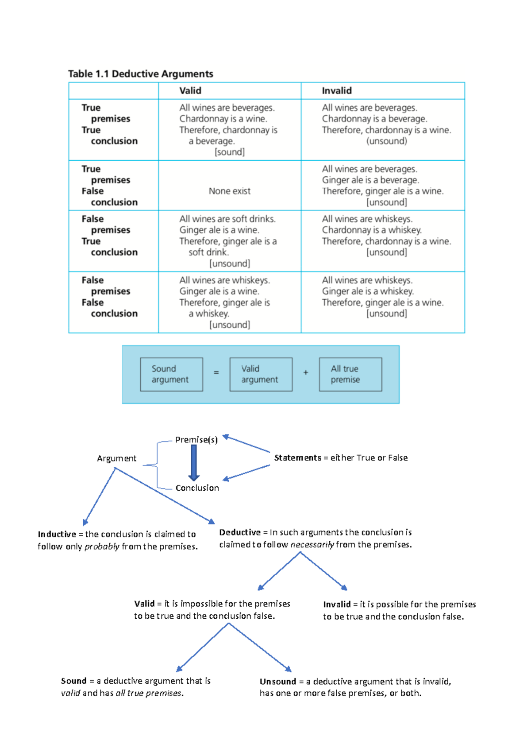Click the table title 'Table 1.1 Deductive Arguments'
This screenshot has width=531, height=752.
coord(140,74)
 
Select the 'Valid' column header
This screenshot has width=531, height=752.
coord(190,91)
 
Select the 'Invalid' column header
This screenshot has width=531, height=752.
coord(336,91)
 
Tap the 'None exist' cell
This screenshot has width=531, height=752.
coord(229,191)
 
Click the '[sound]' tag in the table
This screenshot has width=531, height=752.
coord(229,152)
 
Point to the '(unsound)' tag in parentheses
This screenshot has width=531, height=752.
coord(386,141)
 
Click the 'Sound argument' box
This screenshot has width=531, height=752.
coord(171,374)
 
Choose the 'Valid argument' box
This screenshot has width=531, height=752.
coord(261,374)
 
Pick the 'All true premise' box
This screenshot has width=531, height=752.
coord(350,374)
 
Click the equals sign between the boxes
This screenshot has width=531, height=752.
coord(216,373)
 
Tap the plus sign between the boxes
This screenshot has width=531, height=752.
coord(306,373)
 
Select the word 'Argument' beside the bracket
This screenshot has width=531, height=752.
coord(116,458)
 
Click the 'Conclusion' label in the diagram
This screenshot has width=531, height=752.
coord(197,488)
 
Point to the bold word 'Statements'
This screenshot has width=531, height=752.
coord(297,458)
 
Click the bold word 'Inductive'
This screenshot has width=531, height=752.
coord(57,535)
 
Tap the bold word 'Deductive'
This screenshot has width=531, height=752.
coord(240,532)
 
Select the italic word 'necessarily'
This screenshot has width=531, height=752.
coord(312,545)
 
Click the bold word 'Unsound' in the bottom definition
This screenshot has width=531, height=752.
coord(277,682)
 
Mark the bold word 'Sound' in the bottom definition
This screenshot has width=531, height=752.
coord(73,681)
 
